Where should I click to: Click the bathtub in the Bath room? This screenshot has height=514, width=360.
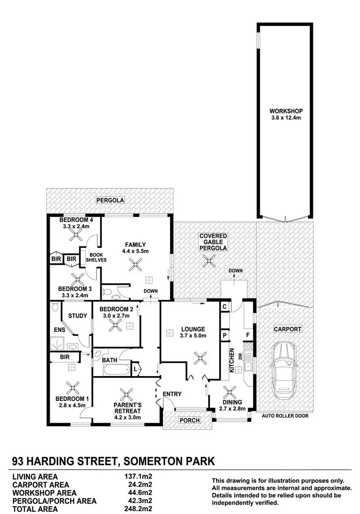coord(116,369)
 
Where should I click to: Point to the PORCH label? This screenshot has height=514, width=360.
coord(189,420)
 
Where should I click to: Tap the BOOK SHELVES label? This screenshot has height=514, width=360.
coord(95,257)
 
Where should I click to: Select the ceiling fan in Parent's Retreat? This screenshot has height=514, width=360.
coord(126,393)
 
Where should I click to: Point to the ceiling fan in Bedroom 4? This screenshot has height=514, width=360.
coord(78,234)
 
